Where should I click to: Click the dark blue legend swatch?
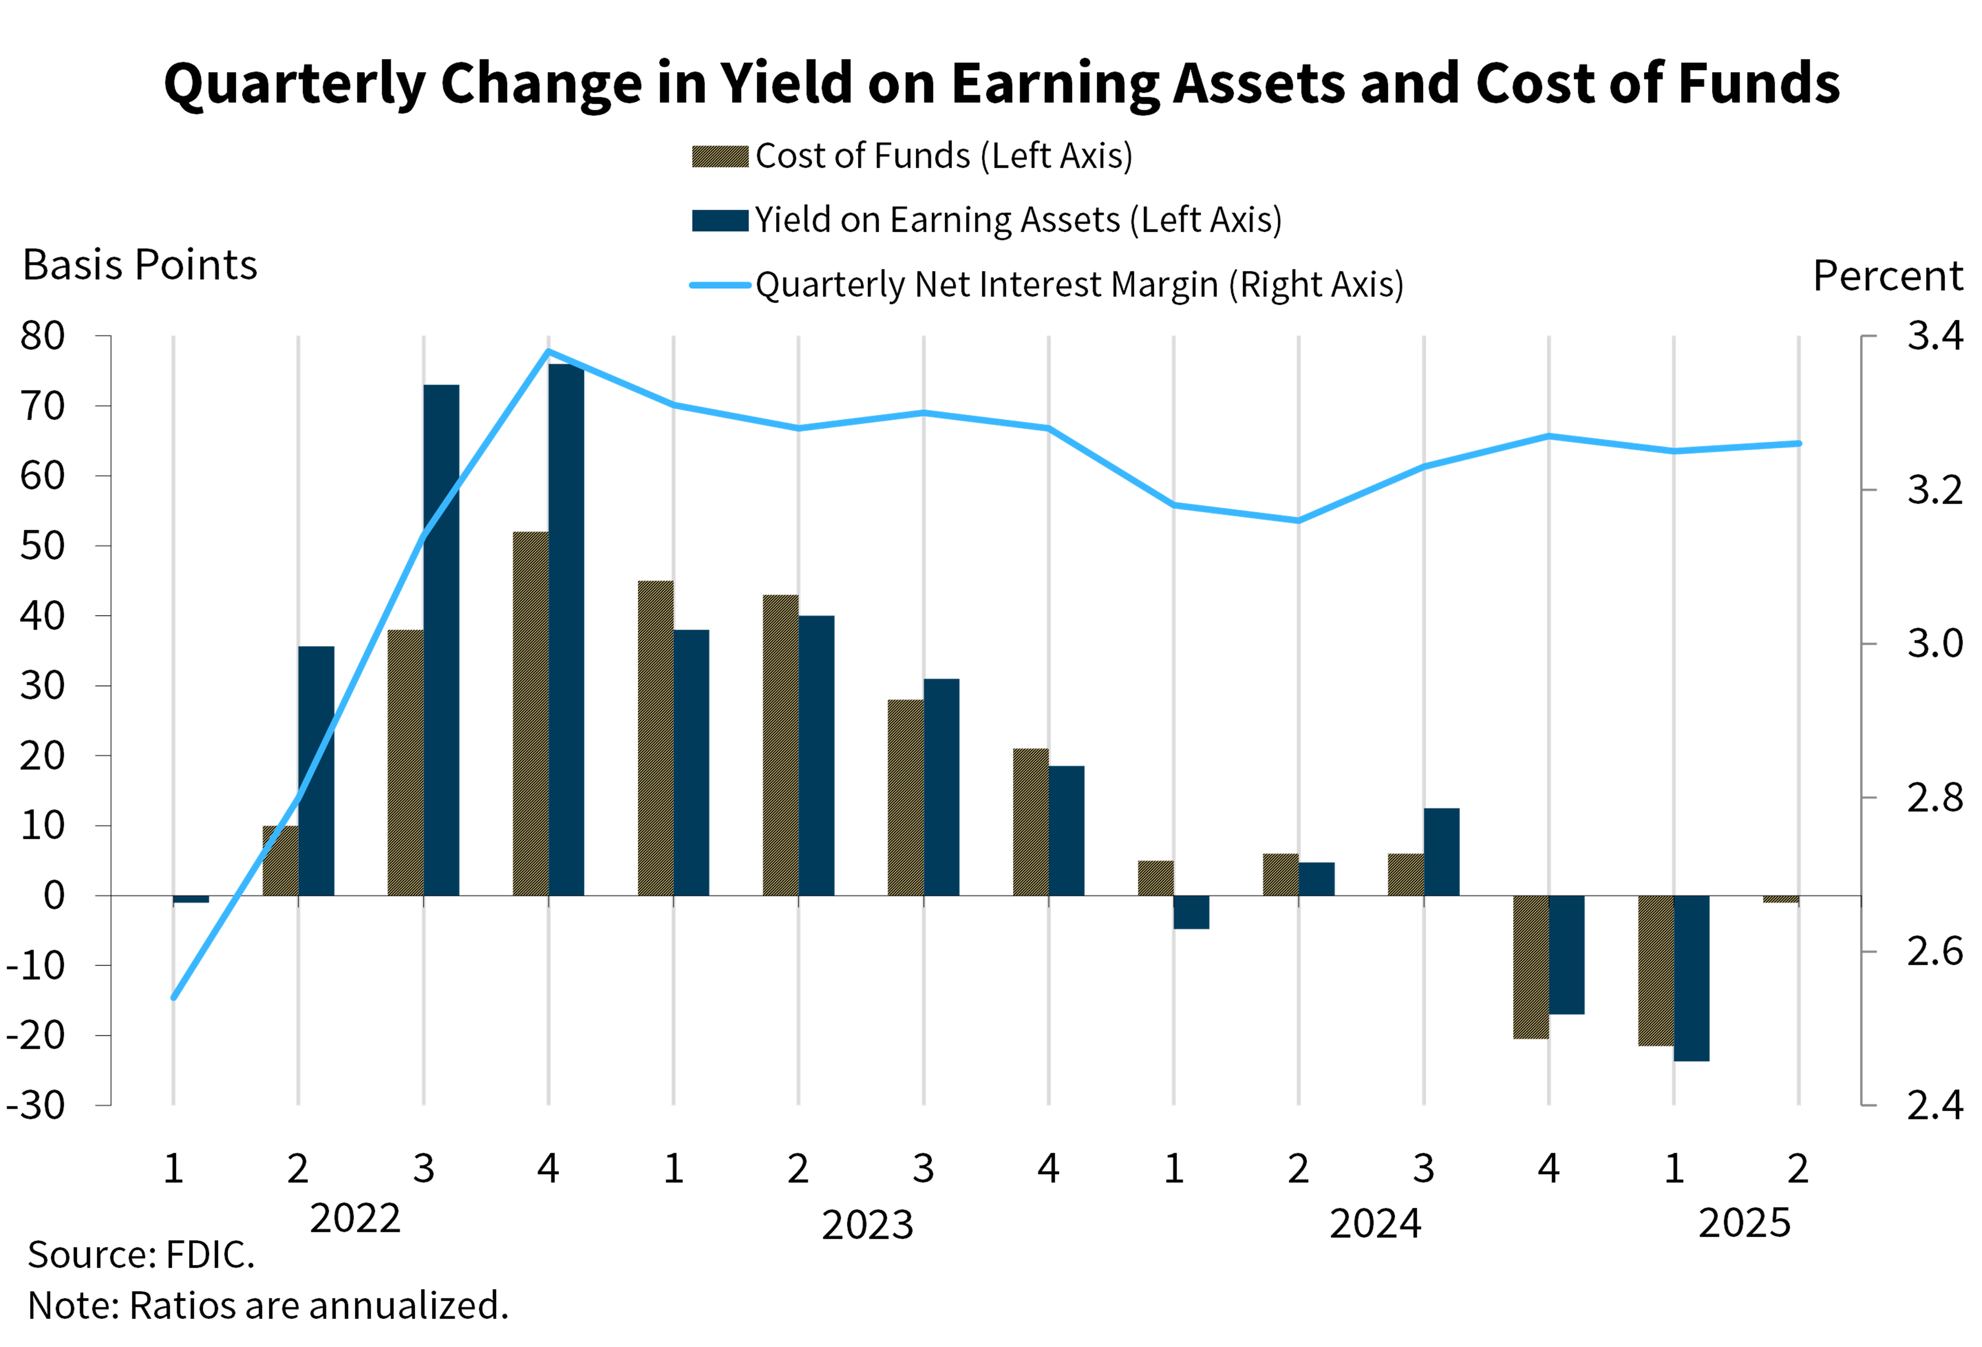(x=720, y=220)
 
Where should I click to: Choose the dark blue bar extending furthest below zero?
(x=1692, y=978)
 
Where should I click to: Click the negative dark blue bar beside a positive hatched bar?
(x=1191, y=912)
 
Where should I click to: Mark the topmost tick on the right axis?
(x=1869, y=336)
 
